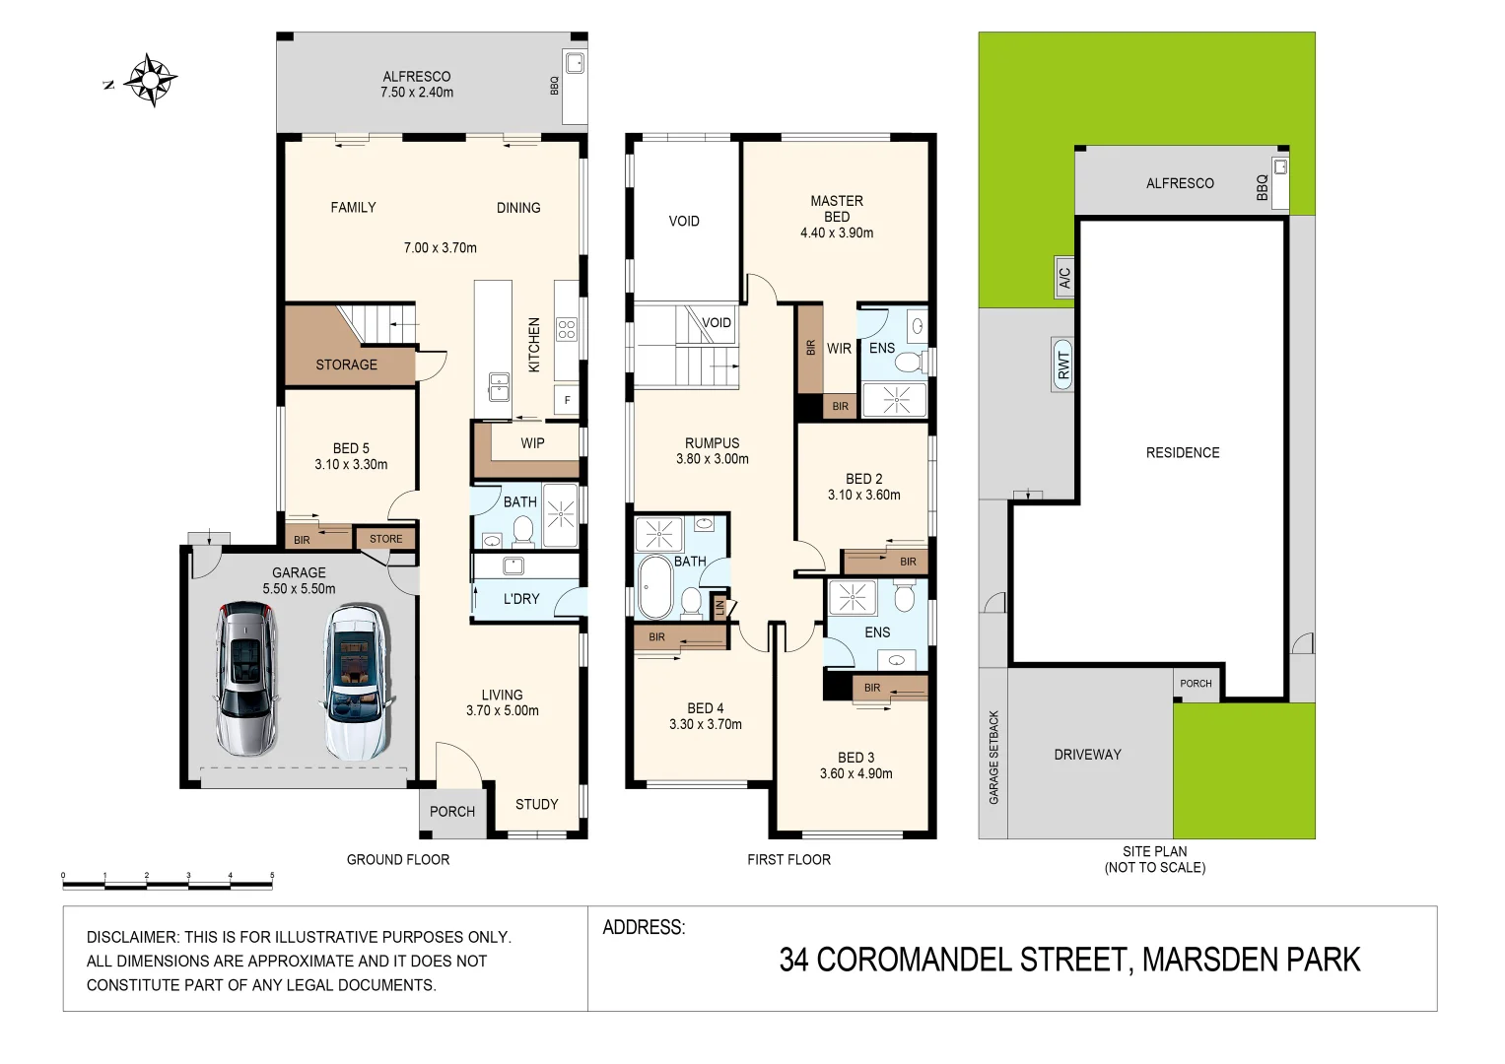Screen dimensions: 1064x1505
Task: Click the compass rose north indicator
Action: (150, 80)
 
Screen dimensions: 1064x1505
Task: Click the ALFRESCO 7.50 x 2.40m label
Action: (417, 85)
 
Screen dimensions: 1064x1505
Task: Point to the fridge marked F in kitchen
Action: (567, 400)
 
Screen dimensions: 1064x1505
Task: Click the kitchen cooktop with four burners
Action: (566, 328)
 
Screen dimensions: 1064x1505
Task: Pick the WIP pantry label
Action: (532, 443)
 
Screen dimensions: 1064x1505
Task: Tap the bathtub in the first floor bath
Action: (654, 587)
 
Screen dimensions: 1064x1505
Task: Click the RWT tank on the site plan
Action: (1063, 365)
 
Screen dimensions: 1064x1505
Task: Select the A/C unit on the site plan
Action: (1064, 278)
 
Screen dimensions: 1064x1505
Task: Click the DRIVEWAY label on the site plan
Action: (1087, 755)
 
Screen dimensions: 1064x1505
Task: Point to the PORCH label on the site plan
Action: (1196, 684)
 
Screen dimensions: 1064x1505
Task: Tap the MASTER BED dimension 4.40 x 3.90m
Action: (837, 233)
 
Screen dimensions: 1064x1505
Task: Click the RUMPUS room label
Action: (712, 443)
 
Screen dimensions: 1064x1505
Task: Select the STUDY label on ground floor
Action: (536, 805)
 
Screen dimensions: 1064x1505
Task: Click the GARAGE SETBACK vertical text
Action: (993, 757)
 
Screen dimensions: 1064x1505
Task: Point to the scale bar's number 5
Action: (272, 875)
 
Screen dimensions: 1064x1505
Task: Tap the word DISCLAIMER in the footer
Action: (132, 937)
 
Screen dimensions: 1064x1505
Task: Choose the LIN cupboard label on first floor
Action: (720, 608)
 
